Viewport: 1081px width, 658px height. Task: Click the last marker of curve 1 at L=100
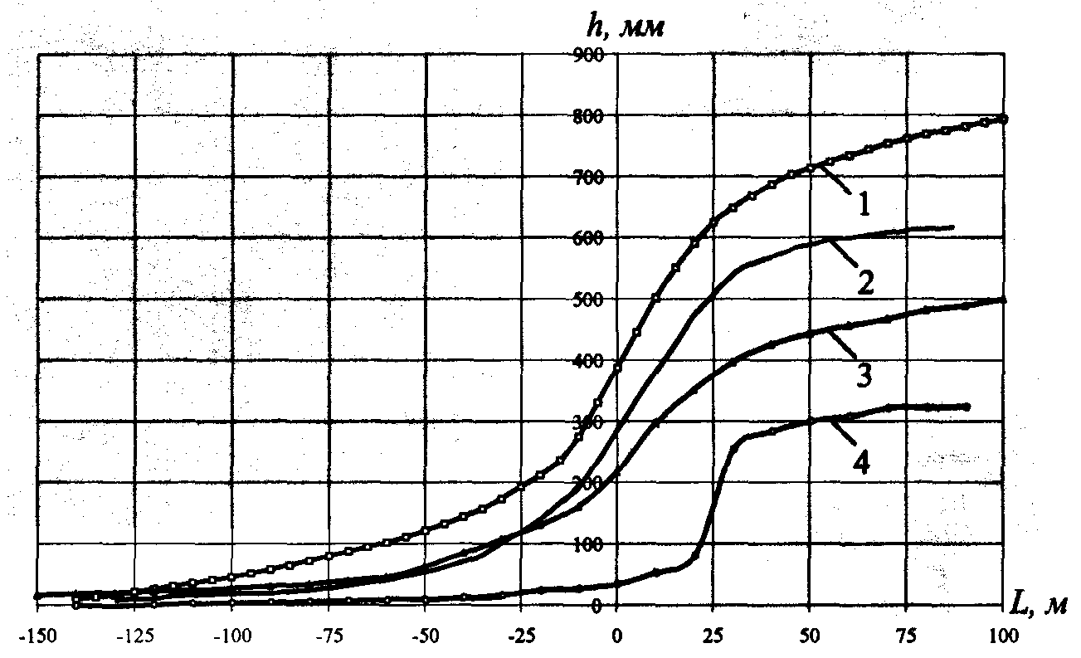click(1003, 119)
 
